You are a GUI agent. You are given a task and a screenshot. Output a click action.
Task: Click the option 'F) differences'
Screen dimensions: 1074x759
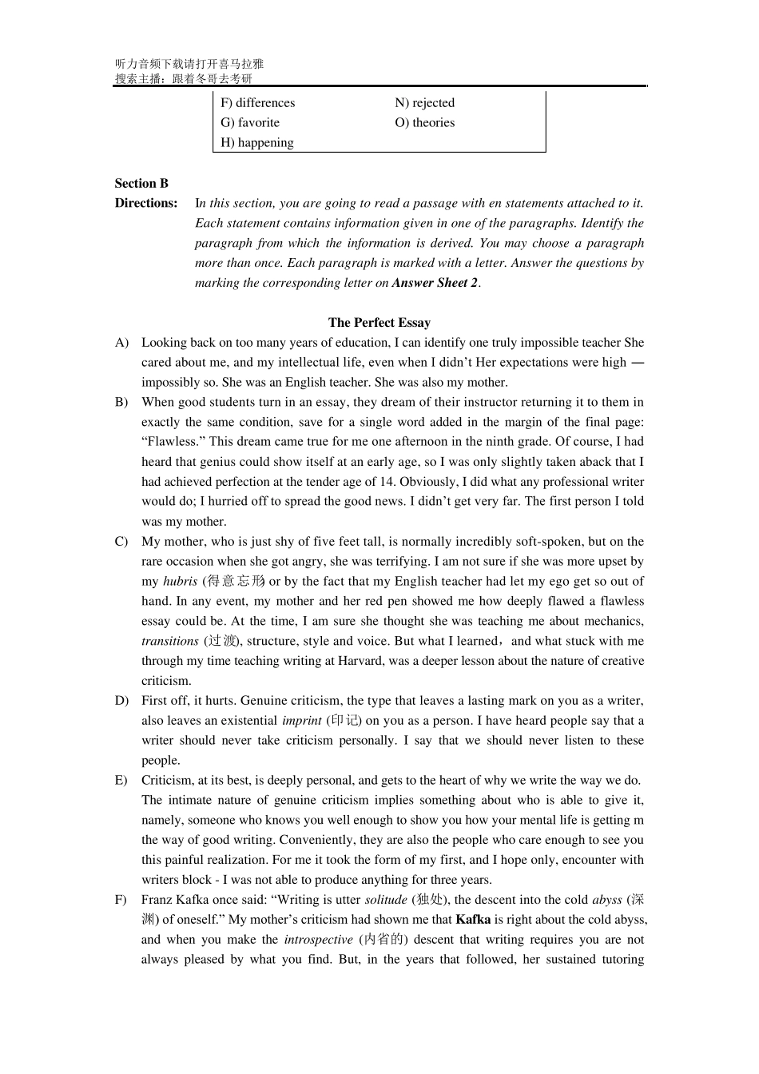[x=257, y=103]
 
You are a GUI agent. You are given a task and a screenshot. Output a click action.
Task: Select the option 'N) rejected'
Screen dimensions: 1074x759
[x=424, y=103]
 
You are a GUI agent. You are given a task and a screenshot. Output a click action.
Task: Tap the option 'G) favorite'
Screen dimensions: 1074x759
[x=250, y=123]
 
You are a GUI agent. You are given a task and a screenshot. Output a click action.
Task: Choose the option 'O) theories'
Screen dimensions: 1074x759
[x=424, y=123]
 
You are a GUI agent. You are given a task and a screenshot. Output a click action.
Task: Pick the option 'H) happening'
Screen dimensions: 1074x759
[x=256, y=143]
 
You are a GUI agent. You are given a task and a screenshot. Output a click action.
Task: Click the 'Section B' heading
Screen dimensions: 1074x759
[x=141, y=183]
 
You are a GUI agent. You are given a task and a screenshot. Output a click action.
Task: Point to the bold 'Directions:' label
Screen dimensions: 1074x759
[x=146, y=203]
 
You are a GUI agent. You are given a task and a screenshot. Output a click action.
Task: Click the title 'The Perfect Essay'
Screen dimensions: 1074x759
[x=379, y=323]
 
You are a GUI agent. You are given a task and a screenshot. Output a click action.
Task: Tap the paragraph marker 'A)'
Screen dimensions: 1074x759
[x=121, y=343]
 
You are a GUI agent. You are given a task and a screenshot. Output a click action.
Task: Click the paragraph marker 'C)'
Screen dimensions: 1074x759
[x=121, y=542]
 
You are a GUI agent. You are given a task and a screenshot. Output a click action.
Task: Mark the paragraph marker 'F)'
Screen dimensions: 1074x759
[x=121, y=900]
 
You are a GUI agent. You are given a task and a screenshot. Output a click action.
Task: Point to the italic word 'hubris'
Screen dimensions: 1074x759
[x=180, y=582]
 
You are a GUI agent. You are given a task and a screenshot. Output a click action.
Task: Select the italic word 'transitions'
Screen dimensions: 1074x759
[x=169, y=641]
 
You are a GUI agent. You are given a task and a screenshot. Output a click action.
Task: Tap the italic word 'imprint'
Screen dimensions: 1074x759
[x=301, y=721]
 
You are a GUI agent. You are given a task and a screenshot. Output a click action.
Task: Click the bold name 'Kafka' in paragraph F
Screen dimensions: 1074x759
[x=473, y=920]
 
